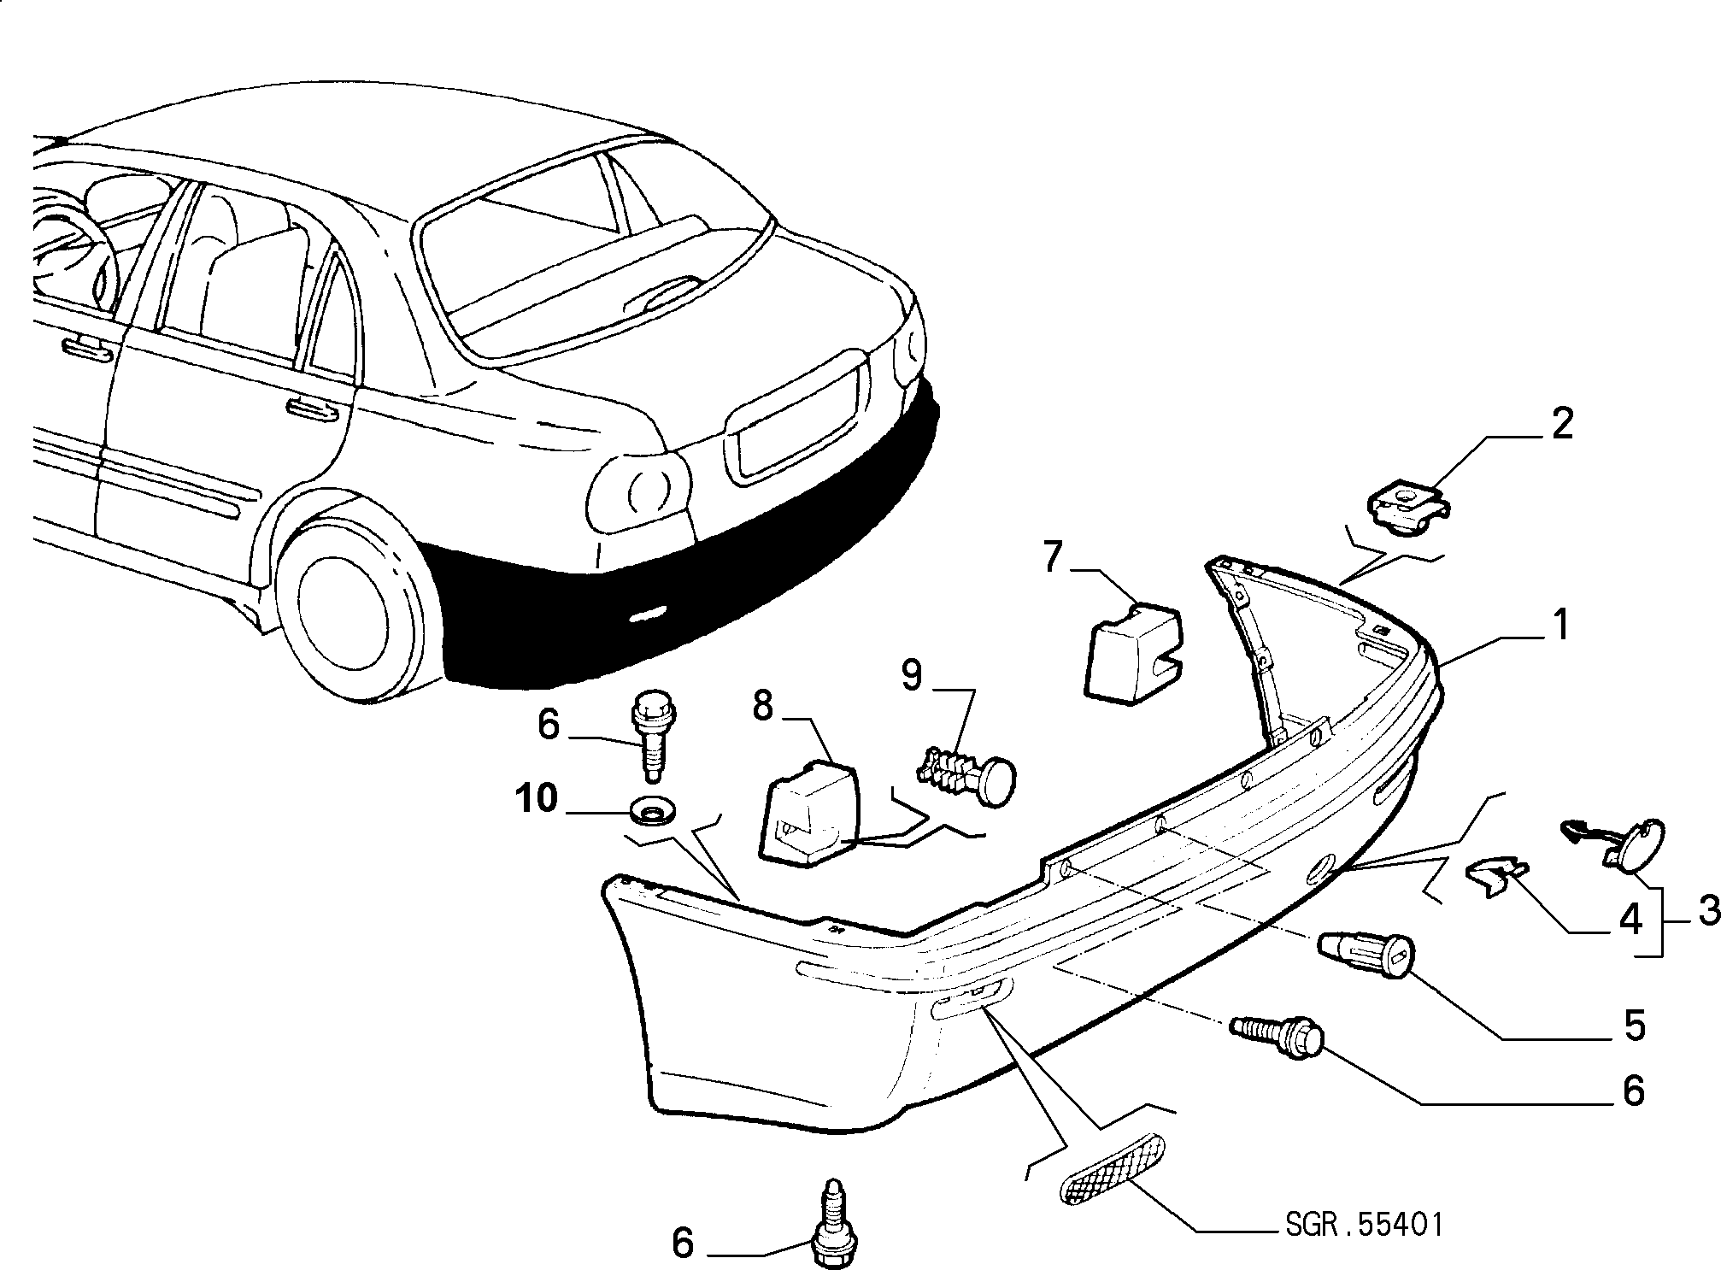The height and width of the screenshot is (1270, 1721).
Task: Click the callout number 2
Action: (1561, 424)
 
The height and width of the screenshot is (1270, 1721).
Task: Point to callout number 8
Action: (762, 705)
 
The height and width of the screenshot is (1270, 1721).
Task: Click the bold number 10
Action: (537, 799)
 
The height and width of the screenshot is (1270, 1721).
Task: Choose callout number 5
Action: (1633, 1026)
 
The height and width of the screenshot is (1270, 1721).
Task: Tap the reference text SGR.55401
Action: (1364, 1224)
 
